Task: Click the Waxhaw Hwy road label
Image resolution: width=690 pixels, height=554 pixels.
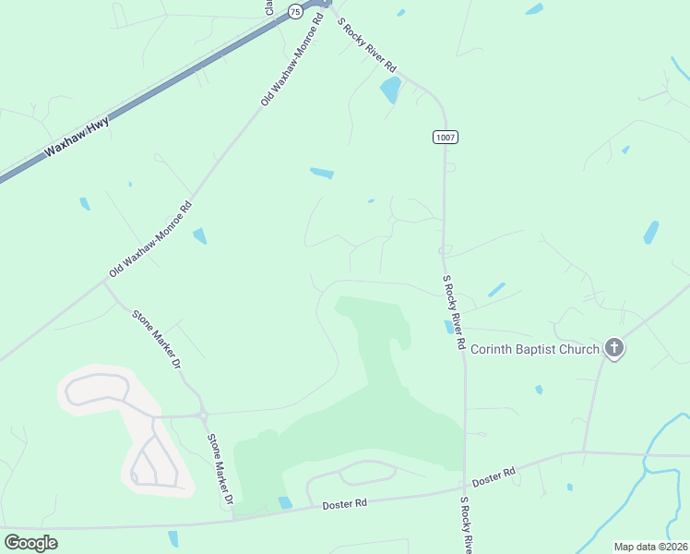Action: pyautogui.click(x=77, y=137)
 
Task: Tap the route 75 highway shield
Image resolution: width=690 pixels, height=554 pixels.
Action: pyautogui.click(x=294, y=11)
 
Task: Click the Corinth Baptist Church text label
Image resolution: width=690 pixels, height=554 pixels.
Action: pyautogui.click(x=535, y=349)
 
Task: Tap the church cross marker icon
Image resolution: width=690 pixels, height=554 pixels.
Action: pyautogui.click(x=614, y=348)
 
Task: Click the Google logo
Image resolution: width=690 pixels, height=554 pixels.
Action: pyautogui.click(x=30, y=542)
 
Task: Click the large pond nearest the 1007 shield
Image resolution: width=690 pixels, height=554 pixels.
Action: pyautogui.click(x=391, y=90)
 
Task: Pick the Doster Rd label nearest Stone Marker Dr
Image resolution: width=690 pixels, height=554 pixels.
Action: pyautogui.click(x=345, y=504)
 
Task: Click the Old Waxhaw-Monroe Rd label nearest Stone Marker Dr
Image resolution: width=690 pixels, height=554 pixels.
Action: pyautogui.click(x=150, y=239)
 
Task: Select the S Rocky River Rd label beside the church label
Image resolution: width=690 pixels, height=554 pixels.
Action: pyautogui.click(x=453, y=312)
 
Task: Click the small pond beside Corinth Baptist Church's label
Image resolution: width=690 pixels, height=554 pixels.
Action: pyautogui.click(x=449, y=327)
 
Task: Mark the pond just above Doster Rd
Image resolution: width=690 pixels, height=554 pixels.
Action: pyautogui.click(x=285, y=502)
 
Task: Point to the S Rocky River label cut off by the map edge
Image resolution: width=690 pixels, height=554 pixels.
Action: pyautogui.click(x=467, y=526)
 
